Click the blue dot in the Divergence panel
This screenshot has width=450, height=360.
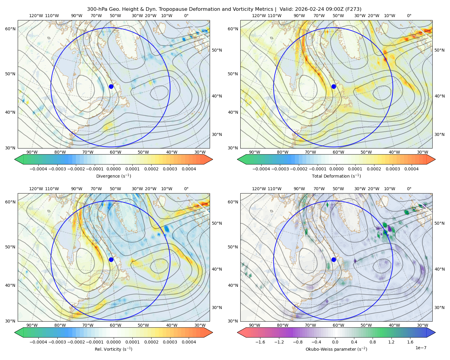coord(111,86)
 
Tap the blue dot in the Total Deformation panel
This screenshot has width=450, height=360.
coord(334,86)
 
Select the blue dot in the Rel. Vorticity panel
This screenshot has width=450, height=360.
coord(111,259)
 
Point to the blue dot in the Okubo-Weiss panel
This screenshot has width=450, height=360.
coord(334,259)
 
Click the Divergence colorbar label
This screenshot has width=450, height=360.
coord(113,176)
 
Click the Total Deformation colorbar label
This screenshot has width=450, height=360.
coord(336,176)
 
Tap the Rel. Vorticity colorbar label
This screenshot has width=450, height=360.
coord(113,349)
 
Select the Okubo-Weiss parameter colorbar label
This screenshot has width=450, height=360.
coord(336,349)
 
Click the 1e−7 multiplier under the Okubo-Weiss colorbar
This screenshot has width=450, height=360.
coord(421,348)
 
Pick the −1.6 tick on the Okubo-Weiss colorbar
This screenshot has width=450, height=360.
coord(260,342)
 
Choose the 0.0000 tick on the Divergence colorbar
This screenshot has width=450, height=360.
coord(113,169)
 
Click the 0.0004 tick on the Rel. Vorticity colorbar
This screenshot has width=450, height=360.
coord(189,342)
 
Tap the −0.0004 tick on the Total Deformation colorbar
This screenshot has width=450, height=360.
coord(261,169)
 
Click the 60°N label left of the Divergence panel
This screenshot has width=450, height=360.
coord(10,29)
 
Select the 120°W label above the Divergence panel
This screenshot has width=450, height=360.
coord(36,16)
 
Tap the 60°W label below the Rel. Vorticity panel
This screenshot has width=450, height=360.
coord(115,325)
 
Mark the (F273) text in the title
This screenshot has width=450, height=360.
coord(353,9)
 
